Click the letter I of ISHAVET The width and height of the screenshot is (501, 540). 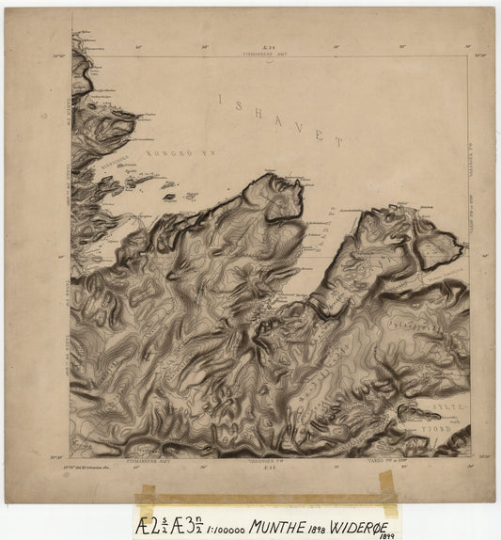pyautogui.click(x=222, y=98)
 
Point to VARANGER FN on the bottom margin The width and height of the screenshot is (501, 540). pyautogui.click(x=268, y=463)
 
